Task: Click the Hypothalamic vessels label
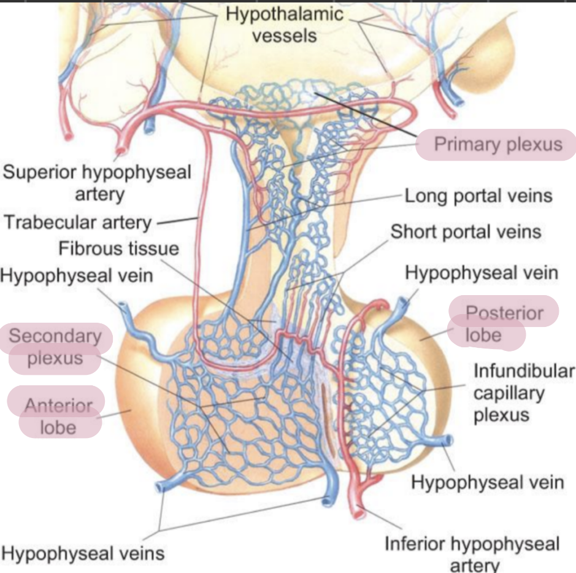click(285, 25)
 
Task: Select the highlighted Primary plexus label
click(497, 144)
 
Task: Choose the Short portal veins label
click(466, 232)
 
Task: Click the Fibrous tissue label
click(119, 248)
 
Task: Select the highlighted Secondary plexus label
click(55, 347)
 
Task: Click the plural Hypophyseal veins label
click(83, 553)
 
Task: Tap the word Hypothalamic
click(285, 14)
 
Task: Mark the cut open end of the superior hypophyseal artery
click(121, 149)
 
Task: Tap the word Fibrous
click(91, 248)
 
